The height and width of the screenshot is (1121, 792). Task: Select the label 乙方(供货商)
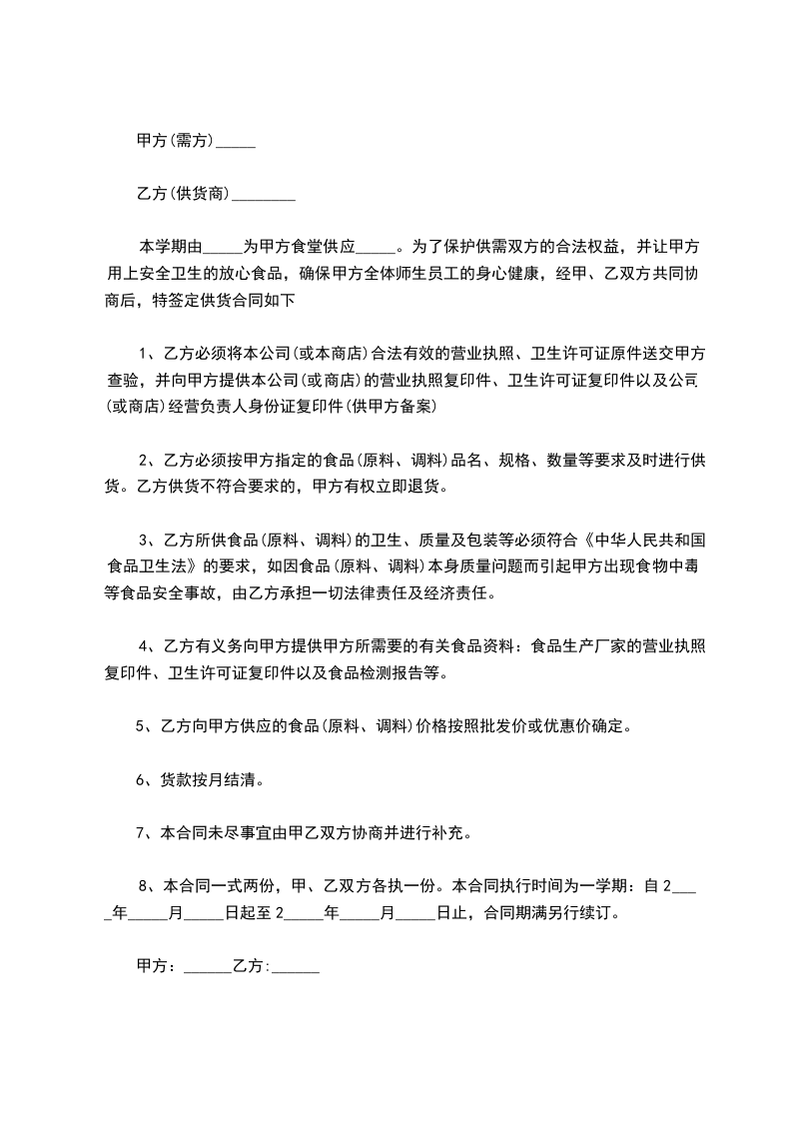pos(184,194)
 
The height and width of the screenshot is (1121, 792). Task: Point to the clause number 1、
pos(145,352)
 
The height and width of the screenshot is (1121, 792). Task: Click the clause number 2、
pos(145,460)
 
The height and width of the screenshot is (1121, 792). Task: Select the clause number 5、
pos(143,726)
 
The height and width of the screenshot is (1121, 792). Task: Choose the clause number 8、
pos(145,885)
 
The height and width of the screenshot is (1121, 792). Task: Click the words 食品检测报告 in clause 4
pos(375,672)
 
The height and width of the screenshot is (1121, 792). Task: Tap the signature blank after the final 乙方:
pos(296,968)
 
